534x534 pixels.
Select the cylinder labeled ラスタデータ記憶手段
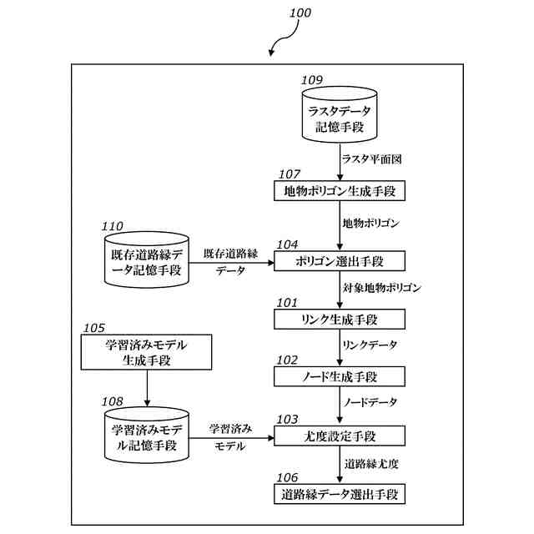339,118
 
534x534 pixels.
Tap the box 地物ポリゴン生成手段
339,191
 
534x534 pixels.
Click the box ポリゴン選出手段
339,261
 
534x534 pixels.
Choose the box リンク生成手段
339,320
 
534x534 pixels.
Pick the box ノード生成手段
339,377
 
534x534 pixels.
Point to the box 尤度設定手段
339,436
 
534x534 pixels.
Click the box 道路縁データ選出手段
339,494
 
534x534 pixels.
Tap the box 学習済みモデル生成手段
147,352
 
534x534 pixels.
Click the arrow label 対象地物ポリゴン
382,288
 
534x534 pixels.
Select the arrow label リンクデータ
370,345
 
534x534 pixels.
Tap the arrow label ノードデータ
370,402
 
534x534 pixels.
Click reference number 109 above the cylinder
312,80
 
